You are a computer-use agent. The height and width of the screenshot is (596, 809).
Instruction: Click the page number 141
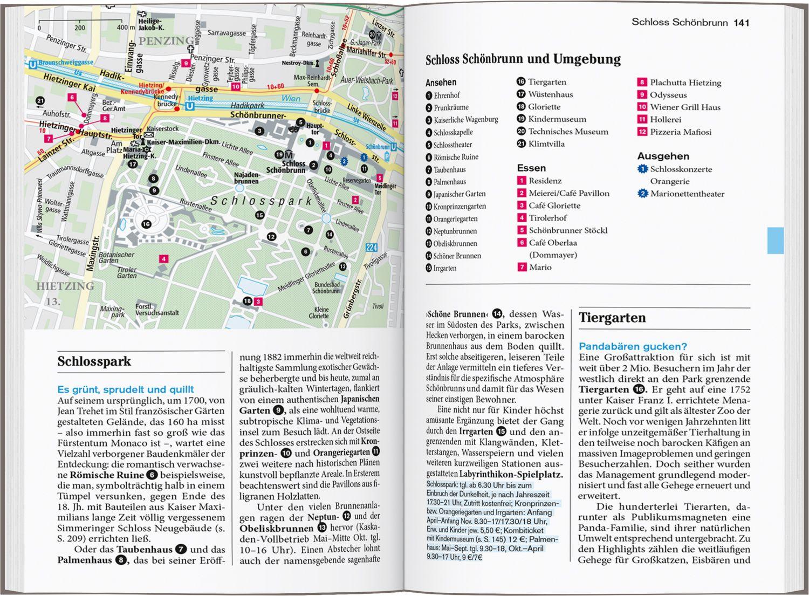[741, 23]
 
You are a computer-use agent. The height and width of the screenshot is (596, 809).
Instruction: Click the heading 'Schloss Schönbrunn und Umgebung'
[523, 59]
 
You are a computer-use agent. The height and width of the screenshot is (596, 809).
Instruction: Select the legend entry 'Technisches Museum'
[567, 132]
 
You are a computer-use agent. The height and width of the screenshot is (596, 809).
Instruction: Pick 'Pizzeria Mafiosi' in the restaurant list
[680, 132]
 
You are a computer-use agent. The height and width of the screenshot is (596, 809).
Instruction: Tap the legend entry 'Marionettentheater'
[687, 194]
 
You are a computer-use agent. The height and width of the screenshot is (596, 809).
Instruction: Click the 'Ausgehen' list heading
[663, 156]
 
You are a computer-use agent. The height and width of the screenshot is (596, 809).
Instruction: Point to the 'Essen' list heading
[531, 168]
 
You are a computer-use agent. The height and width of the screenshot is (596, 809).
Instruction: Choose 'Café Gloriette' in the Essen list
[554, 205]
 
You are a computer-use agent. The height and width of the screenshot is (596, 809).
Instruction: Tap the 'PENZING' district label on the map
[166, 41]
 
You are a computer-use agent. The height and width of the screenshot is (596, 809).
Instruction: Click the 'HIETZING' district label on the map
[65, 286]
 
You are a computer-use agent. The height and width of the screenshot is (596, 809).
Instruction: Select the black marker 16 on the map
[146, 224]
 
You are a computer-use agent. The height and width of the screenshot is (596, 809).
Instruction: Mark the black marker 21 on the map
[40, 101]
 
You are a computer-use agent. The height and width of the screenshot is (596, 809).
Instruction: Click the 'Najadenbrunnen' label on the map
[246, 178]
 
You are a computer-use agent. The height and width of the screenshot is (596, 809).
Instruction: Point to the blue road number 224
[371, 248]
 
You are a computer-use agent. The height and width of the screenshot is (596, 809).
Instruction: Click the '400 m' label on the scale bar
[125, 28]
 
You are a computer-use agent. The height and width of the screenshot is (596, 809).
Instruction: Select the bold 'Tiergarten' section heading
[612, 318]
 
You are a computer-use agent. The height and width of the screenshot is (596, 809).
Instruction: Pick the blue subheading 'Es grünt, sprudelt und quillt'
[125, 389]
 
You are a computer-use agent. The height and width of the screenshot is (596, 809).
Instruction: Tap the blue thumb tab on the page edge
[775, 241]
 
